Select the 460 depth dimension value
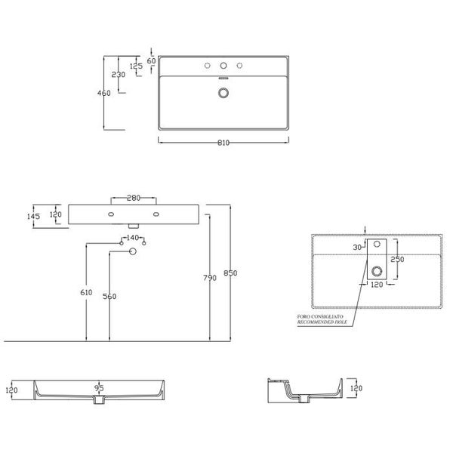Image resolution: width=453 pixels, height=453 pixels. click(104, 93)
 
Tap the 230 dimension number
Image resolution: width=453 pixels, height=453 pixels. click(119, 75)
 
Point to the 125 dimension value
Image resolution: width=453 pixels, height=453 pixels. click(136, 66)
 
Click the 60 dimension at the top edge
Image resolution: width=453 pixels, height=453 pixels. click(151, 60)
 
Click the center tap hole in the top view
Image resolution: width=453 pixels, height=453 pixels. click(223, 66)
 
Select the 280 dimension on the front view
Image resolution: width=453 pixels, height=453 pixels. click(134, 199)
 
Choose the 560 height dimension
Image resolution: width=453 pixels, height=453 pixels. click(109, 297)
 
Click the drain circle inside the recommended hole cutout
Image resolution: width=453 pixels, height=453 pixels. click(376, 271)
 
